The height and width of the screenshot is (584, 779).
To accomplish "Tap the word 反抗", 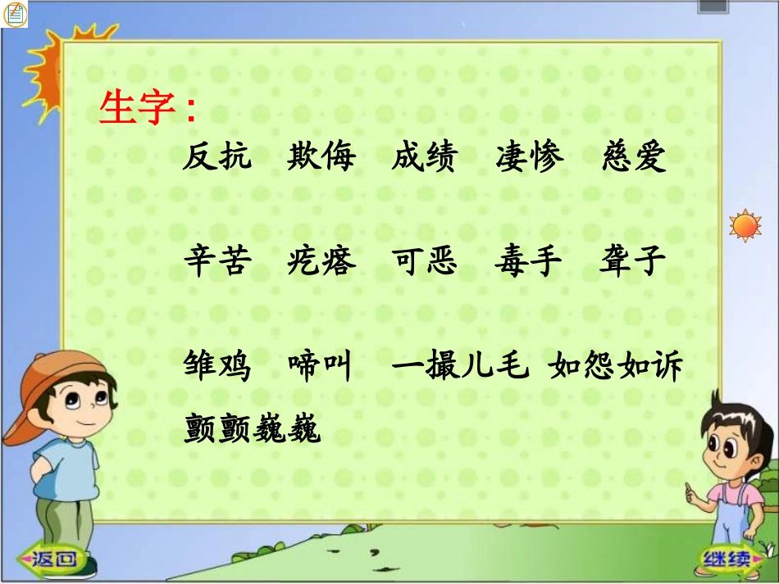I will click(216, 157).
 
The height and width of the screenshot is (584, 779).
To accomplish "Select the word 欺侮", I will click(321, 157).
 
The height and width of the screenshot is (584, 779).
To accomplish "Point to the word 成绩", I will click(425, 157).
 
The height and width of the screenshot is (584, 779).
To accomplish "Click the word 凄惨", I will click(530, 157).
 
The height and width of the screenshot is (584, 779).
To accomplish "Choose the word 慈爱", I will click(634, 157).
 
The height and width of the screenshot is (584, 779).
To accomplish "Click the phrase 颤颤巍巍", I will click(252, 427).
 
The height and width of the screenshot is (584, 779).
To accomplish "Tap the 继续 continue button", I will click(726, 560).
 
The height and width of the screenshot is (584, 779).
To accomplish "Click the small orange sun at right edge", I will click(745, 225).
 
